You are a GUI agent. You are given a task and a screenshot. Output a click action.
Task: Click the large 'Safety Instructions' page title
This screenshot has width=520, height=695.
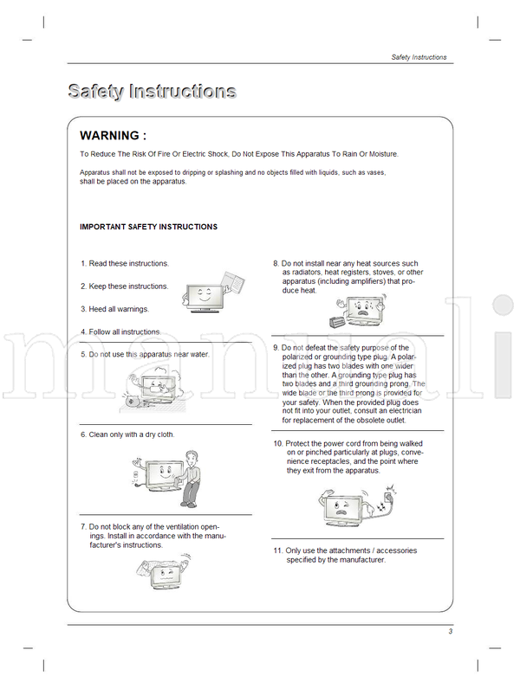(x=152, y=91)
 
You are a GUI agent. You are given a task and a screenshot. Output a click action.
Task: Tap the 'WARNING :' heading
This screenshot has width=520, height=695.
(x=113, y=136)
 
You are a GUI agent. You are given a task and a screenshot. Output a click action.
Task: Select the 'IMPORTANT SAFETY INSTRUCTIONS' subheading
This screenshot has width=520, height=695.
(x=148, y=227)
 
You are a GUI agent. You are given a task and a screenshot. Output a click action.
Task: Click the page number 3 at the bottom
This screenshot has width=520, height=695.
(x=451, y=631)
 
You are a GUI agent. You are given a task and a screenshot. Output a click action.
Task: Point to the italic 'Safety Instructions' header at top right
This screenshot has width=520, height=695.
(x=419, y=57)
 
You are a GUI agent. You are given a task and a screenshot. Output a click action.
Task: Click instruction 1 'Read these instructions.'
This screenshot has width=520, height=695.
(x=125, y=263)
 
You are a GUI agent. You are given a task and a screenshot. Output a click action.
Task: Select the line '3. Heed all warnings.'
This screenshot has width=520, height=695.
(x=115, y=309)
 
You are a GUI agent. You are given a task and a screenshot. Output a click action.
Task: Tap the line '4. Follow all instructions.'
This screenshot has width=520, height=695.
(x=120, y=331)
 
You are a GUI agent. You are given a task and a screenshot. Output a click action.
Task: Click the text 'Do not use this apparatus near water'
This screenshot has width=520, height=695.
(x=149, y=354)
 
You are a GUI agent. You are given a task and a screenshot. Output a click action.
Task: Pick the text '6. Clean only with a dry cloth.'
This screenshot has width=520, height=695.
(x=127, y=434)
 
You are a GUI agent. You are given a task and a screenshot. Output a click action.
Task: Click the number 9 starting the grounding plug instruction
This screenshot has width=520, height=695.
(x=276, y=347)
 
